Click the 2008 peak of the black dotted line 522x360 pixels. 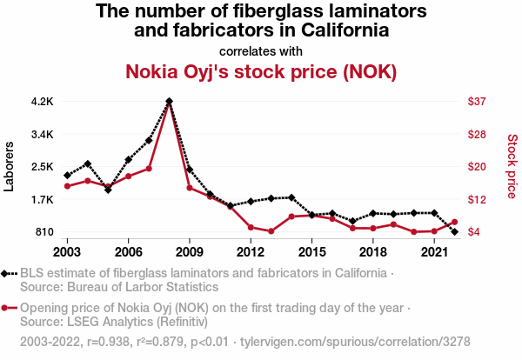pyautogui.click(x=169, y=101)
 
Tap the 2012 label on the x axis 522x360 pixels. pyautogui.click(x=251, y=252)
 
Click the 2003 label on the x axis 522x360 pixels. pyautogui.click(x=67, y=252)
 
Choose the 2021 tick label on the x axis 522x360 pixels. pyautogui.click(x=434, y=252)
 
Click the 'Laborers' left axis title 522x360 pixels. pyautogui.click(x=10, y=166)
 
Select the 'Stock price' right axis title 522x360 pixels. pyautogui.click(x=512, y=165)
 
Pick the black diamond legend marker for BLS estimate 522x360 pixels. pyautogui.click(x=9, y=273)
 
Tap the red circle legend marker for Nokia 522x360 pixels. pyautogui.click(x=9, y=308)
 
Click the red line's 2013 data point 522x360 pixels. pyautogui.click(x=271, y=231)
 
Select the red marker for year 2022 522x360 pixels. pyautogui.click(x=455, y=222)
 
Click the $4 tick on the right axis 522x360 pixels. pyautogui.click(x=476, y=232)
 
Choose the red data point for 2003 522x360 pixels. pyautogui.click(x=67, y=186)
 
